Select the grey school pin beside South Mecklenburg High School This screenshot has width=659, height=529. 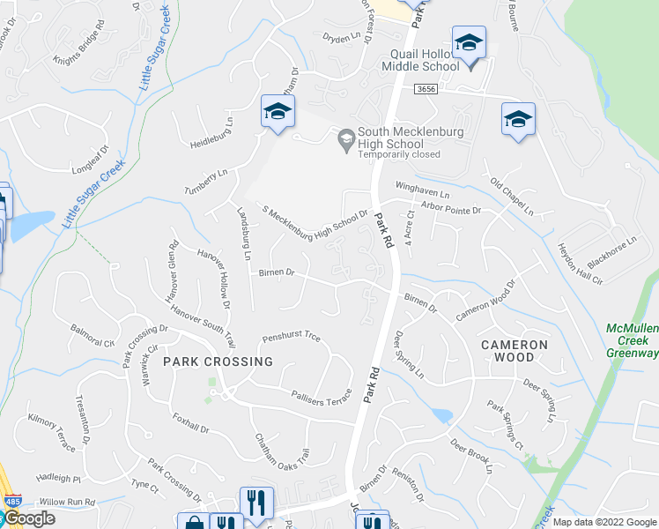coord(346,138)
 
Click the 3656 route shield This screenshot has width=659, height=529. coord(426,89)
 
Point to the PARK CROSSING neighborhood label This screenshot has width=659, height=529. coord(218,361)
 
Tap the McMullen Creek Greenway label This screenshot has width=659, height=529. coord(632,341)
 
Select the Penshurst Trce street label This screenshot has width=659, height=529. coord(291,338)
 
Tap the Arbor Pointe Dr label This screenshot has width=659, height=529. coord(450,211)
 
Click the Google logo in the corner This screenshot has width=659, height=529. coord(29,518)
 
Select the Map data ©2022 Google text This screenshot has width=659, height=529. coord(603,522)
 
